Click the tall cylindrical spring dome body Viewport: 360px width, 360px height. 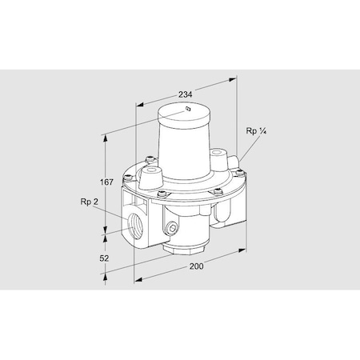coord(184,148)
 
